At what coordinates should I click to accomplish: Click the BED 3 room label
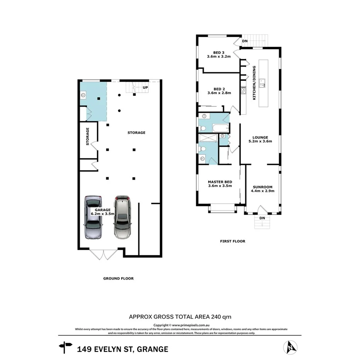pyautogui.click(x=219, y=53)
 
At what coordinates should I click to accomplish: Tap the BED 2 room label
pyautogui.click(x=219, y=90)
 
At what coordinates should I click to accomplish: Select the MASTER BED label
pyautogui.click(x=220, y=182)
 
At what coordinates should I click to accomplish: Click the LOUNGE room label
pyautogui.click(x=260, y=138)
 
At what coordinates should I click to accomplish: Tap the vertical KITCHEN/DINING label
pyautogui.click(x=254, y=83)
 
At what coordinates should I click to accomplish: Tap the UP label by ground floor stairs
pyautogui.click(x=145, y=87)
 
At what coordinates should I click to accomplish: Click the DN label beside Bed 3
pyautogui.click(x=245, y=41)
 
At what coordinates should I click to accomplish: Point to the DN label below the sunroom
pyautogui.click(x=262, y=218)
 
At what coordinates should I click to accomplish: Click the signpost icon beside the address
pyautogui.click(x=65, y=347)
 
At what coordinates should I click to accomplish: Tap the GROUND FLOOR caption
pyautogui.click(x=118, y=278)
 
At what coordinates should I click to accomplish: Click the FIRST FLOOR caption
pyautogui.click(x=233, y=241)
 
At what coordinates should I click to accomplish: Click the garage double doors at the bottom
pyautogui.click(x=103, y=254)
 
